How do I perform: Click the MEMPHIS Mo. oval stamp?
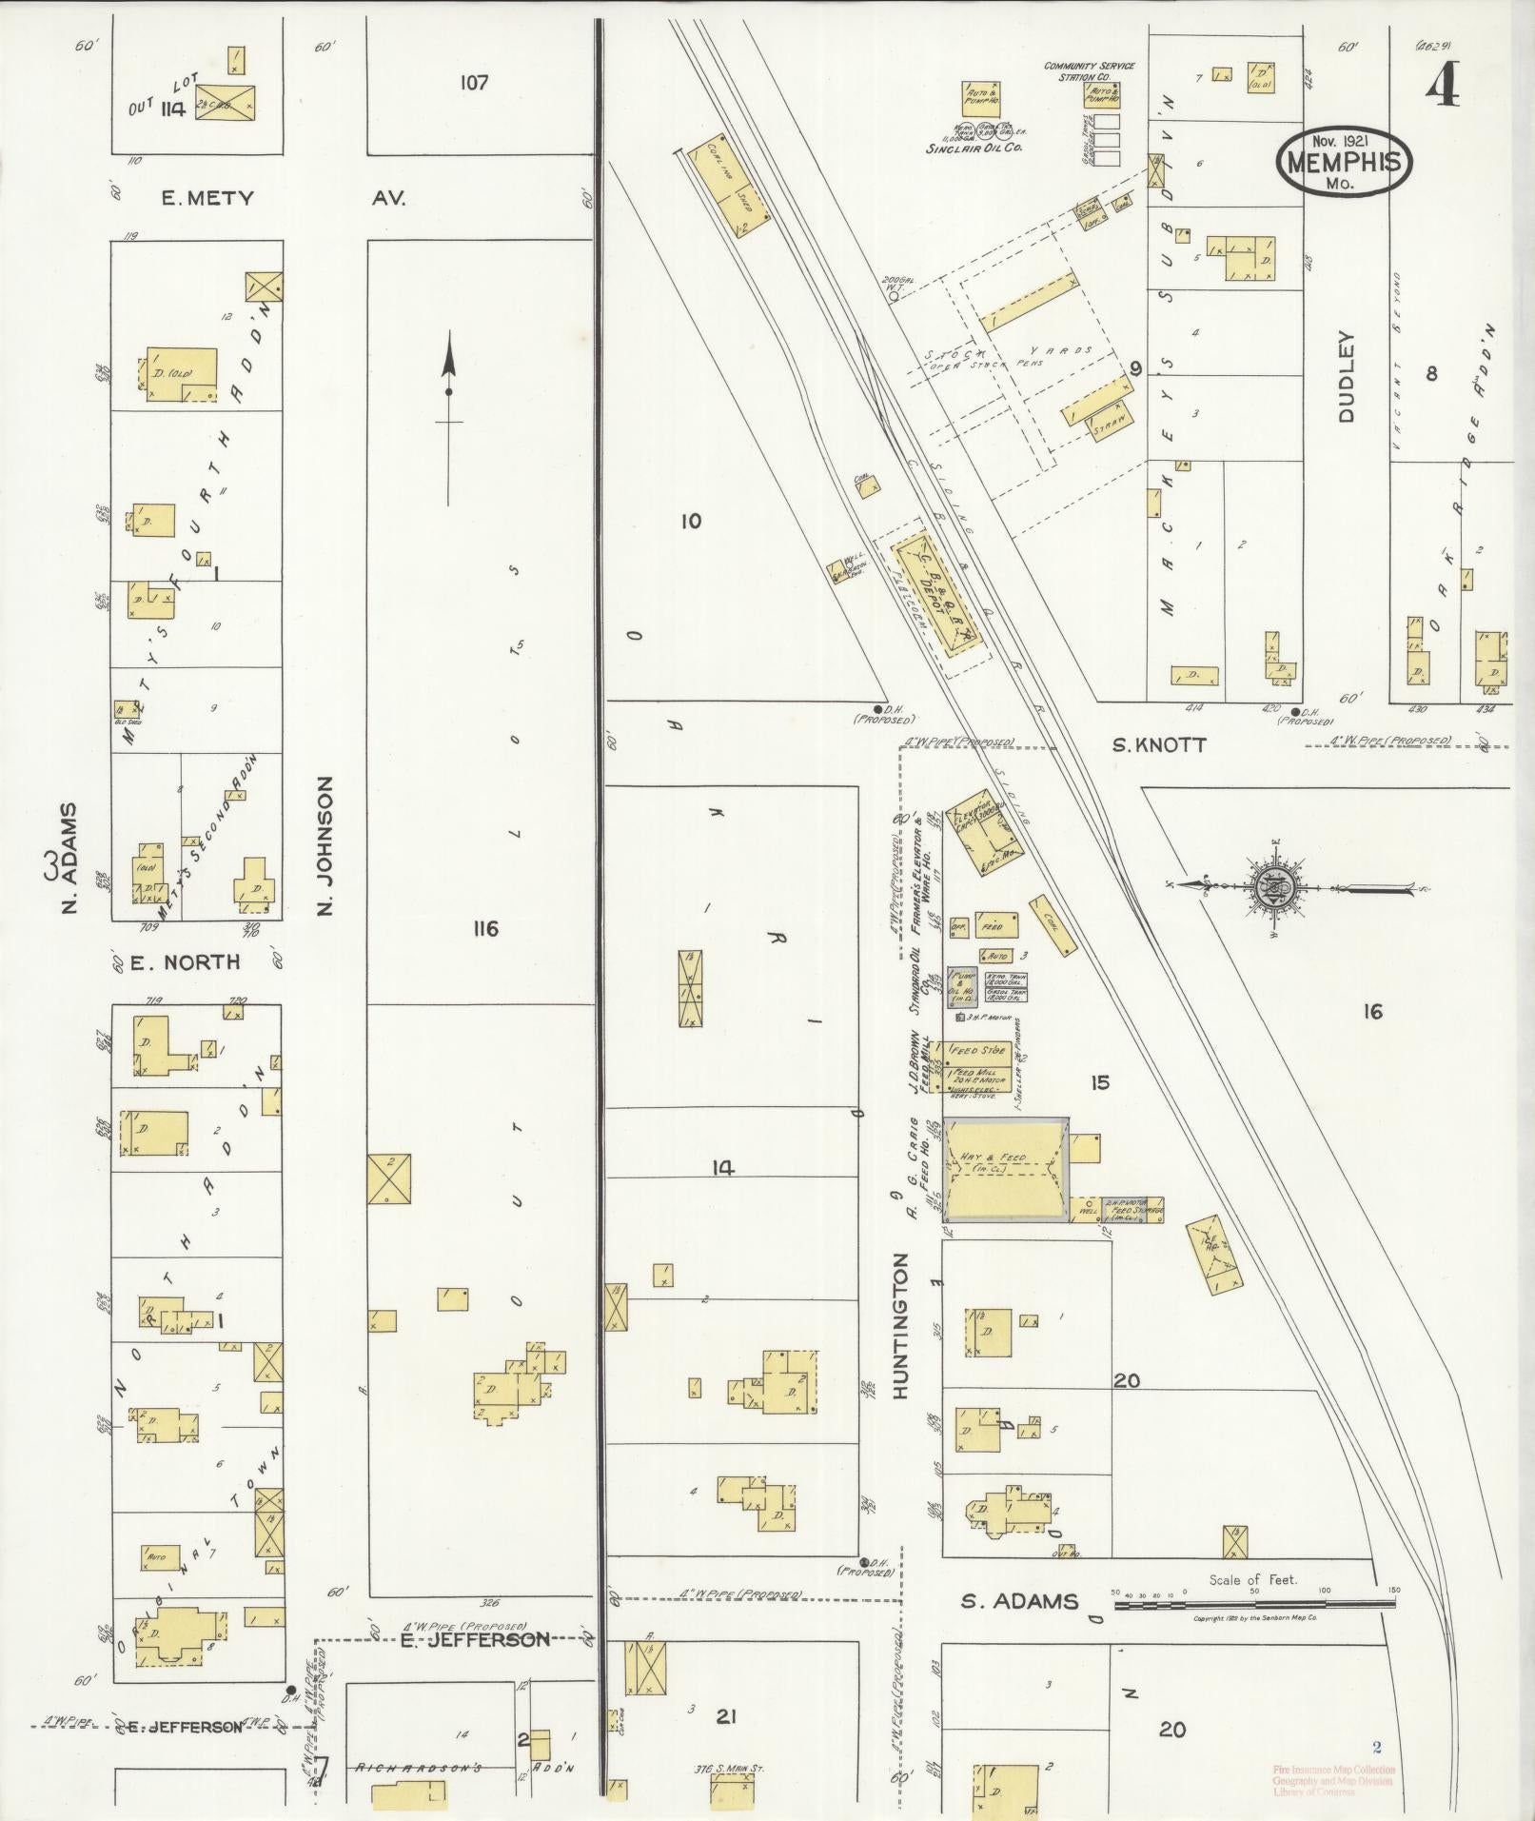pyautogui.click(x=1344, y=162)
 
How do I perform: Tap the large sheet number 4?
pyautogui.click(x=1442, y=88)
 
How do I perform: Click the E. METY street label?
pyautogui.click(x=207, y=198)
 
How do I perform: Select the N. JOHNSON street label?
pyautogui.click(x=325, y=845)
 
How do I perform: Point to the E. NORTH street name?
pyautogui.click(x=185, y=962)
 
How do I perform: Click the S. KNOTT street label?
pyautogui.click(x=1159, y=745)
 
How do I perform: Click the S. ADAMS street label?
pyautogui.click(x=1019, y=1601)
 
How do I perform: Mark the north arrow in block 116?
pyautogui.click(x=449, y=390)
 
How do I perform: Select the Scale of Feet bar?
pyautogui.click(x=1253, y=1605)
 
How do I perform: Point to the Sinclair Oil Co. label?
pyautogui.click(x=974, y=148)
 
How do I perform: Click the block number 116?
pyautogui.click(x=484, y=928)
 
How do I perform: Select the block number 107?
pyautogui.click(x=473, y=83)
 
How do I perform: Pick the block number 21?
pyautogui.click(x=726, y=1716)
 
